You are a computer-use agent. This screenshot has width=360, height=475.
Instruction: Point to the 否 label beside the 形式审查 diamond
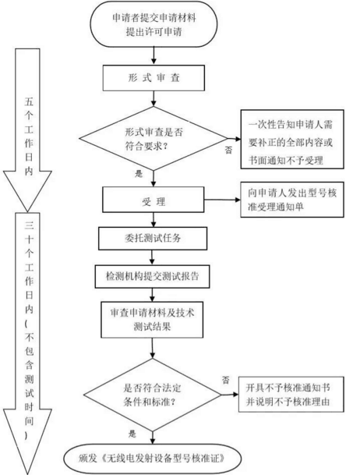coord(227,147)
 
